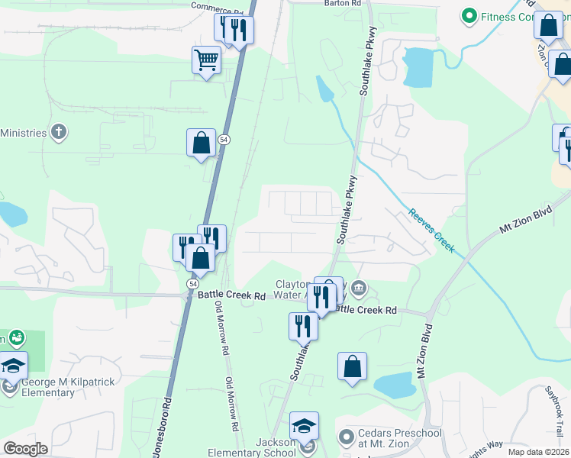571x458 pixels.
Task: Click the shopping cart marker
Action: click(207, 60)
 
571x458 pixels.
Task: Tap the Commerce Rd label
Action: click(215, 7)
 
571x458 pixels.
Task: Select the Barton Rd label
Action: click(341, 4)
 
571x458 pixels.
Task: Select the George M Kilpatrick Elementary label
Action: click(48, 388)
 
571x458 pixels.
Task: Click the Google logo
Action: click(25, 449)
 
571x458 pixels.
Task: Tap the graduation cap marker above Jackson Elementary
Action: click(304, 425)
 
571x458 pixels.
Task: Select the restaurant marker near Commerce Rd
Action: click(234, 30)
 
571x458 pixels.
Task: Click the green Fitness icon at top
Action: click(468, 16)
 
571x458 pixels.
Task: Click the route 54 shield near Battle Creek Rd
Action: click(192, 283)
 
